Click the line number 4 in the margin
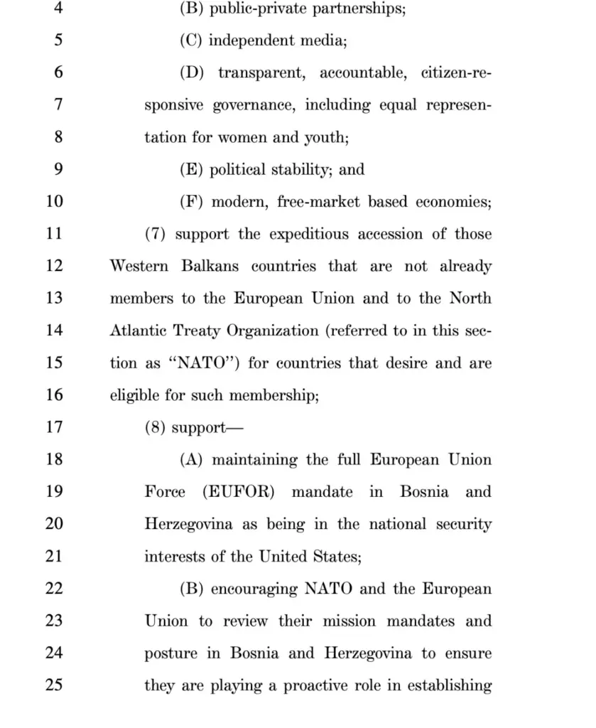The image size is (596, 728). coord(58,8)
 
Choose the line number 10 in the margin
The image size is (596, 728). coord(55,201)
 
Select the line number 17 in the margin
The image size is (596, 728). coord(55,427)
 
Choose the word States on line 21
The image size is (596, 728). coord(337,557)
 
